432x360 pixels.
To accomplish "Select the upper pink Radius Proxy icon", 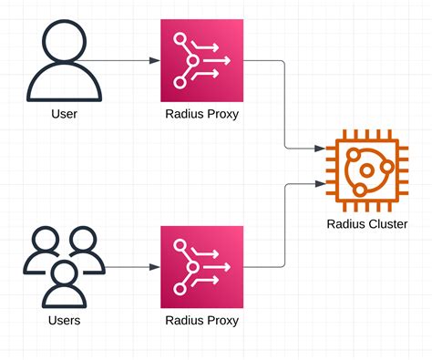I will (x=201, y=60).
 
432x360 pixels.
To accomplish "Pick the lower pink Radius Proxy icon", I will (x=201, y=267).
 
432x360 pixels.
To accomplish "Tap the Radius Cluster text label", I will (x=366, y=224).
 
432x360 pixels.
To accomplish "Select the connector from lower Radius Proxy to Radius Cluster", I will (x=285, y=228).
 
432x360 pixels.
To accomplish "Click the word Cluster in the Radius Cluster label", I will (x=386, y=224).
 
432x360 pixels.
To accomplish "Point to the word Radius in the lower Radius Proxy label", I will (x=184, y=322).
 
